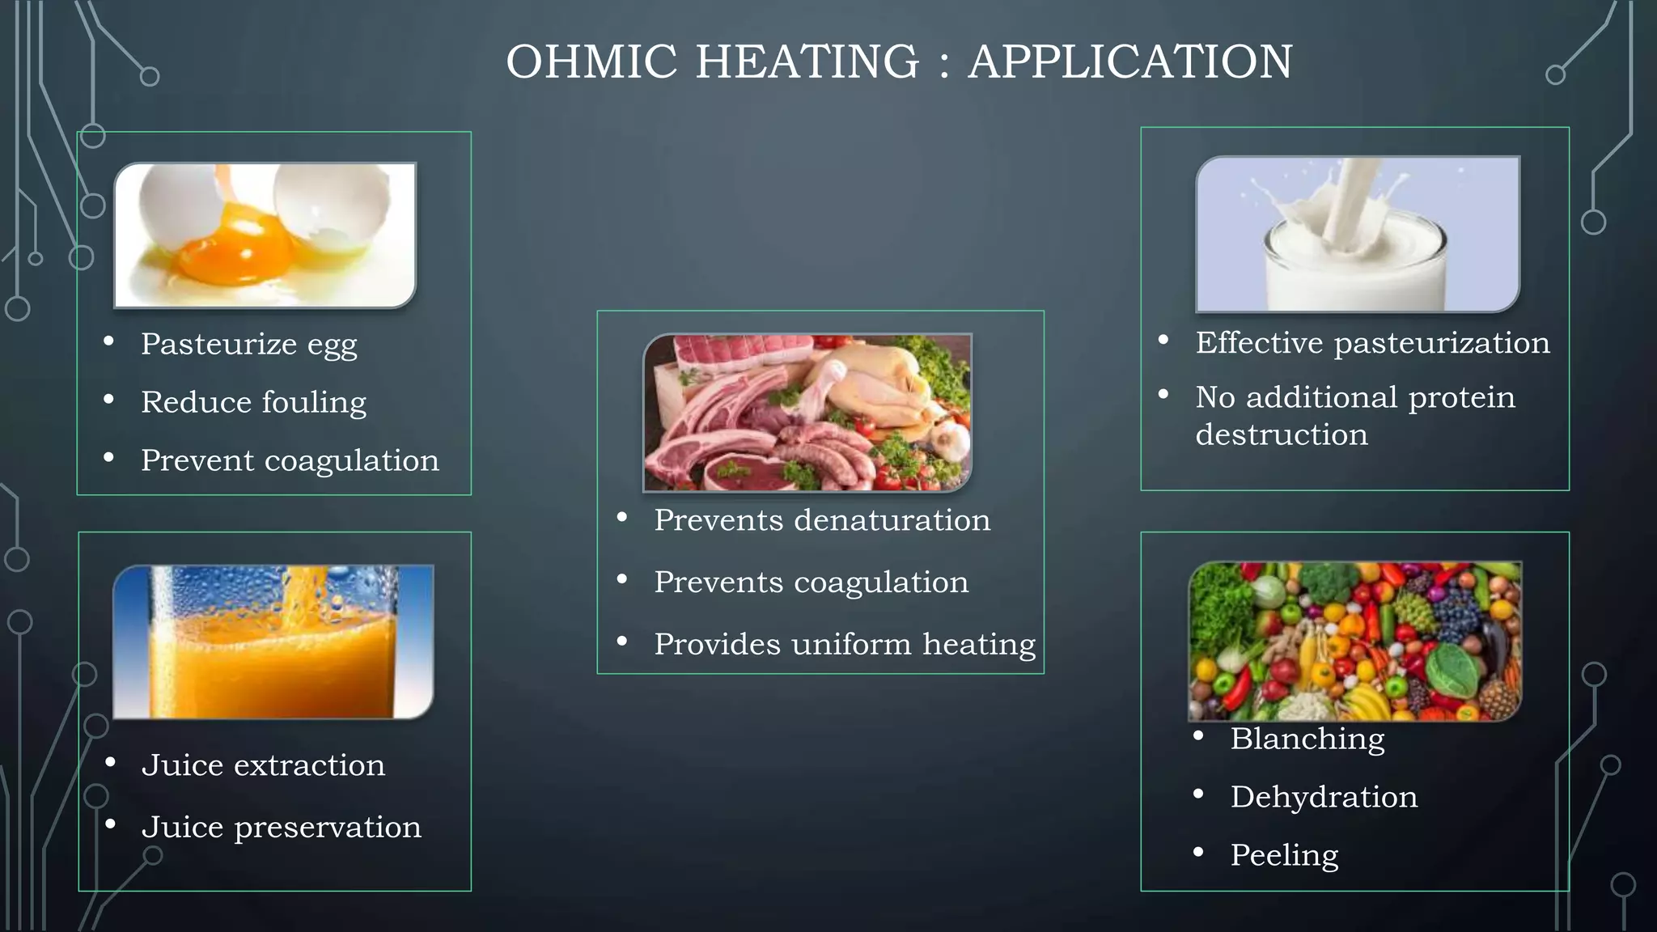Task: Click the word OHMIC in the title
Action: pos(591,62)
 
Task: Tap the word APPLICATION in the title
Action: pos(1130,62)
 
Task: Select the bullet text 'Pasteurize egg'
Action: pos(248,345)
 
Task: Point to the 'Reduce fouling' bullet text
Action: pos(253,403)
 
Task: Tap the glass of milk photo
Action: pos(1357,235)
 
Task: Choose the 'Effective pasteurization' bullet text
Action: pos(1372,343)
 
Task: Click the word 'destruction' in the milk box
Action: pos(1282,435)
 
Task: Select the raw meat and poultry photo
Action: pos(807,413)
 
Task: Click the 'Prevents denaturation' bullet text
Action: pos(822,520)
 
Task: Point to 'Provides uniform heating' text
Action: pos(845,645)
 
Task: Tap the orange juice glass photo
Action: pos(273,642)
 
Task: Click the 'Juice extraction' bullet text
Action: pos(263,765)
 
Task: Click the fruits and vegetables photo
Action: pos(1354,641)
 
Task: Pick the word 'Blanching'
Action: pos(1307,739)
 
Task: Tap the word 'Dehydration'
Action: pos(1324,798)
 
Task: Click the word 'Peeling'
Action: pos(1284,856)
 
